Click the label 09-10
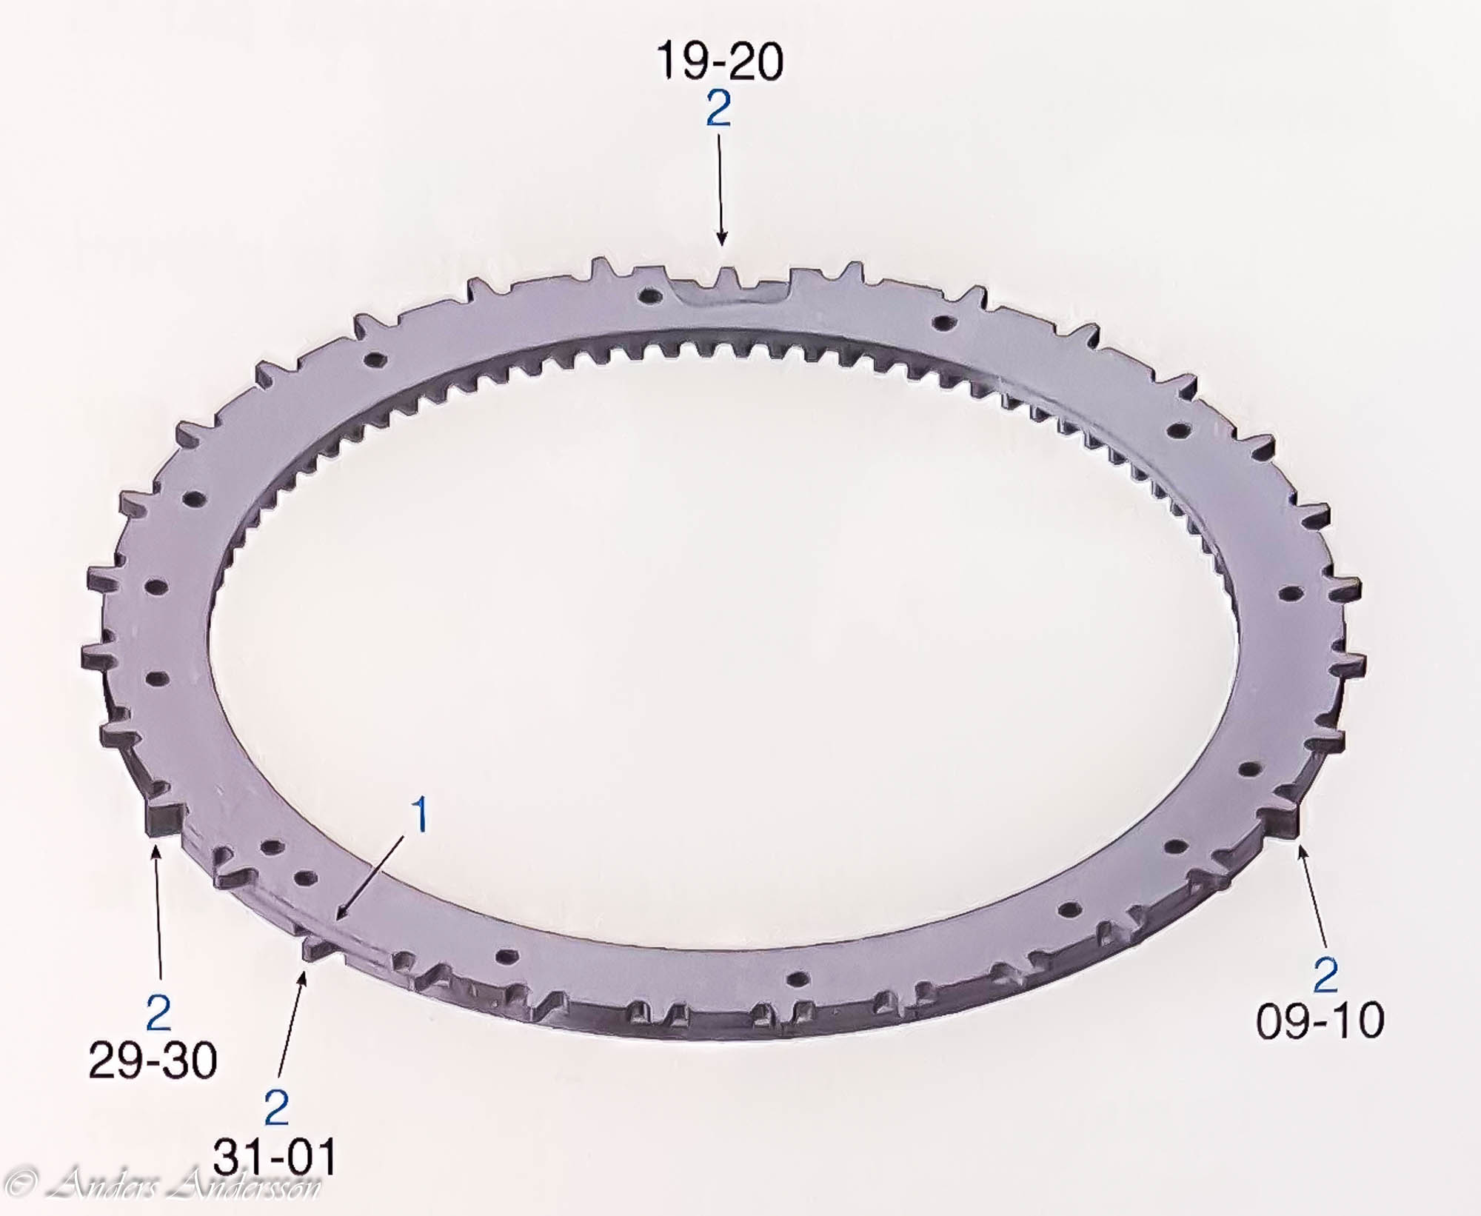pos(1320,1020)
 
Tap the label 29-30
pos(153,1060)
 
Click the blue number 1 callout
pos(420,815)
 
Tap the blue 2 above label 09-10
pos(1325,975)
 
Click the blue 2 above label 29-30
pos(158,1013)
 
